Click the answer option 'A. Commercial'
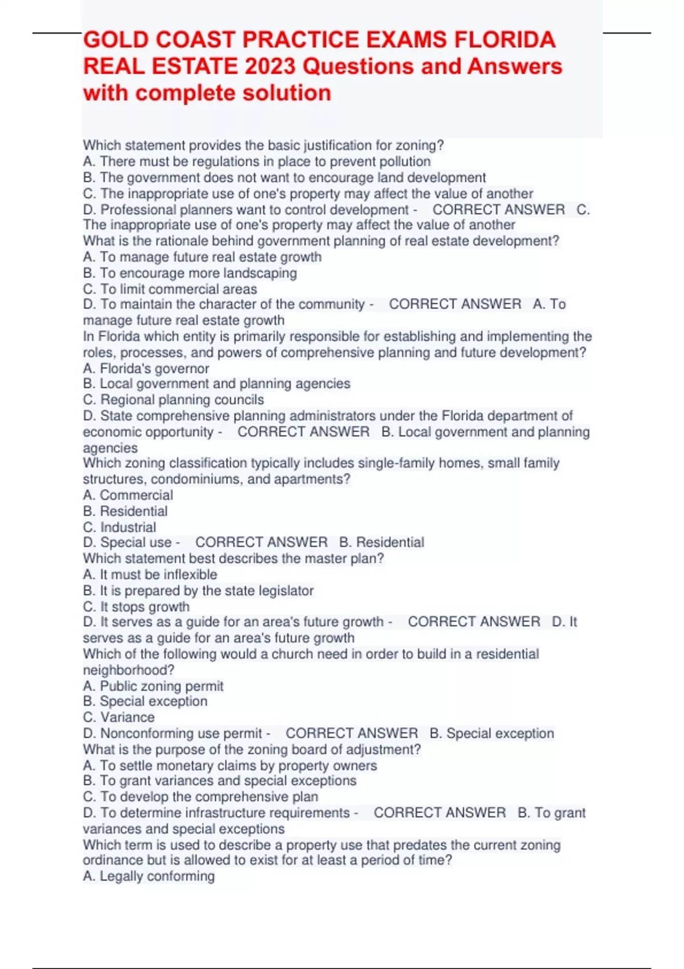[x=128, y=495]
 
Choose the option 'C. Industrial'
[x=119, y=527]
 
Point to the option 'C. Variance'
[x=119, y=717]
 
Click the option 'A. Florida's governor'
[x=146, y=368]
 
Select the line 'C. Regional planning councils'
[x=173, y=400]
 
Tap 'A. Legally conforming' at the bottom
[x=149, y=876]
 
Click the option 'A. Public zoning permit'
[x=153, y=686]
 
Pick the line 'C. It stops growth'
[x=136, y=606]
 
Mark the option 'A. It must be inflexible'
[x=150, y=575]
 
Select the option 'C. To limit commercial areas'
[x=170, y=289]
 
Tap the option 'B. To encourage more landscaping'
[x=190, y=273]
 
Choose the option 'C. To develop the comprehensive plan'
[x=201, y=796]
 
